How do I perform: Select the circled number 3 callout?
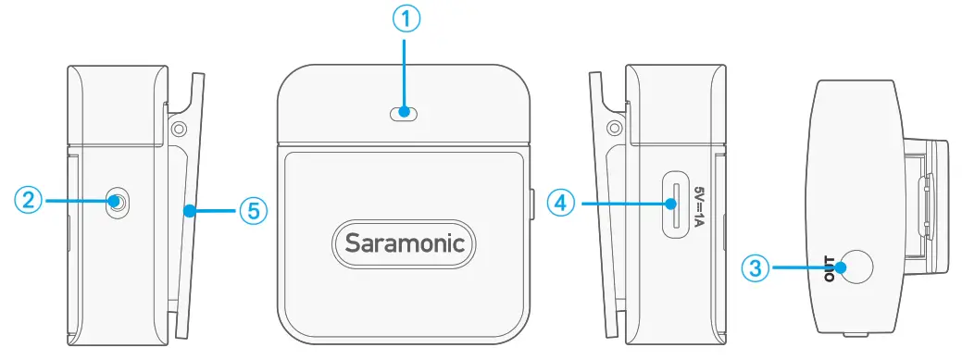pos(756,268)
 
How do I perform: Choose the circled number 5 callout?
pos(253,212)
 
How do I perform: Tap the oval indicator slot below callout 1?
pos(405,114)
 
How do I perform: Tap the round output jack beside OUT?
pos(857,268)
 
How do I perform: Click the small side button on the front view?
pos(534,205)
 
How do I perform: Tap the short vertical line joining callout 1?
pos(406,74)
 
